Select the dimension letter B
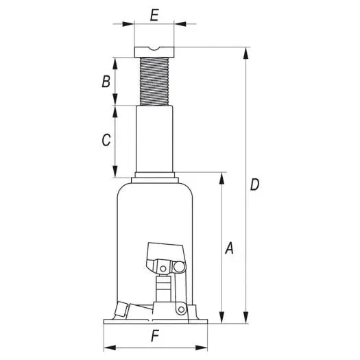[x=106, y=81]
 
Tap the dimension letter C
[x=106, y=141]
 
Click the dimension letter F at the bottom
[x=155, y=337]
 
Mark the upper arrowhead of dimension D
[x=245, y=52]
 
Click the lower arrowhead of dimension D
[x=245, y=318]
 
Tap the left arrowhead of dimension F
[x=107, y=346]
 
